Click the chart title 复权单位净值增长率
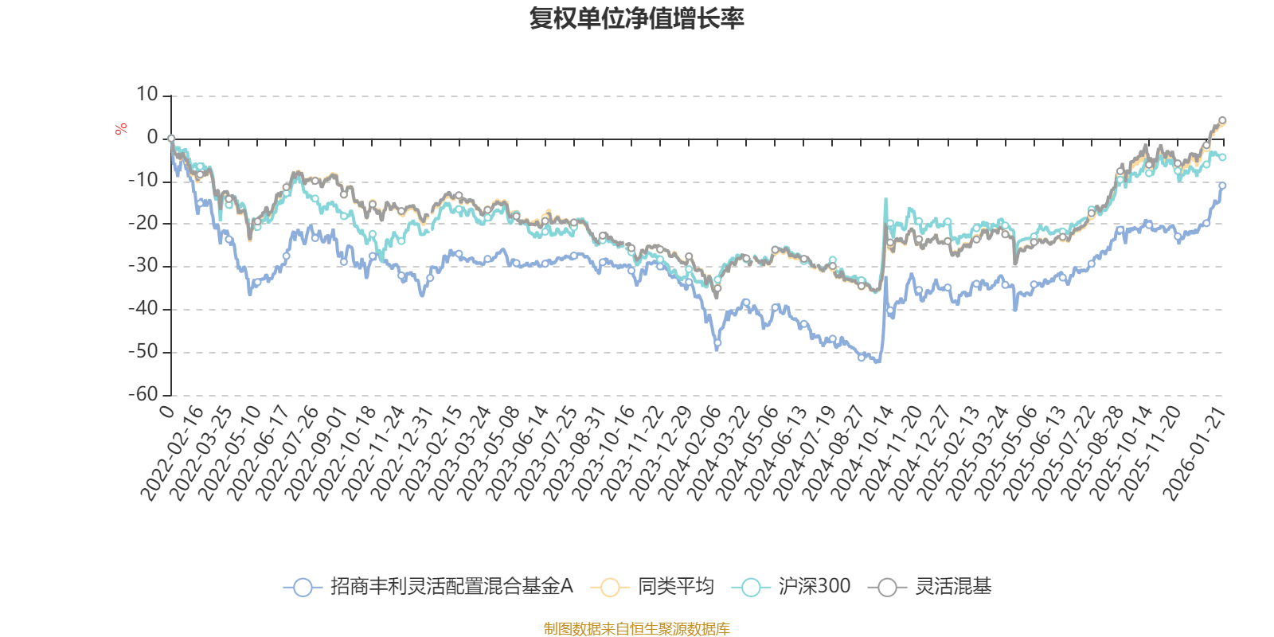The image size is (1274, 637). [637, 18]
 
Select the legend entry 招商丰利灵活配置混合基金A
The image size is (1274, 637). [451, 588]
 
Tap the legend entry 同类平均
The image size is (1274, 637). [675, 588]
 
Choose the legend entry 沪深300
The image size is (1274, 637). [814, 588]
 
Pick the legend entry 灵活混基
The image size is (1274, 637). [953, 588]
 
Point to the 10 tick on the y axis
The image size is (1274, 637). [147, 95]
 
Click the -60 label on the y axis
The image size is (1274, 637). [143, 394]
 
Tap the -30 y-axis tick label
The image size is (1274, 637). [143, 266]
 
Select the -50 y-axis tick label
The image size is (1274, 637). [143, 351]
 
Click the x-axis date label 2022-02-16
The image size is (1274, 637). [174, 454]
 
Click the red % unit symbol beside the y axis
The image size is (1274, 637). [121, 129]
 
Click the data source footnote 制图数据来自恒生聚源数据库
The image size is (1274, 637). [637, 629]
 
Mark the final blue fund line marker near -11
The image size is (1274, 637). [1222, 186]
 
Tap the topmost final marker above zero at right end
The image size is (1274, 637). [1222, 121]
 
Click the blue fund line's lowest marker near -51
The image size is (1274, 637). [862, 358]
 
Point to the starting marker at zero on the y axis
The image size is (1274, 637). [171, 139]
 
